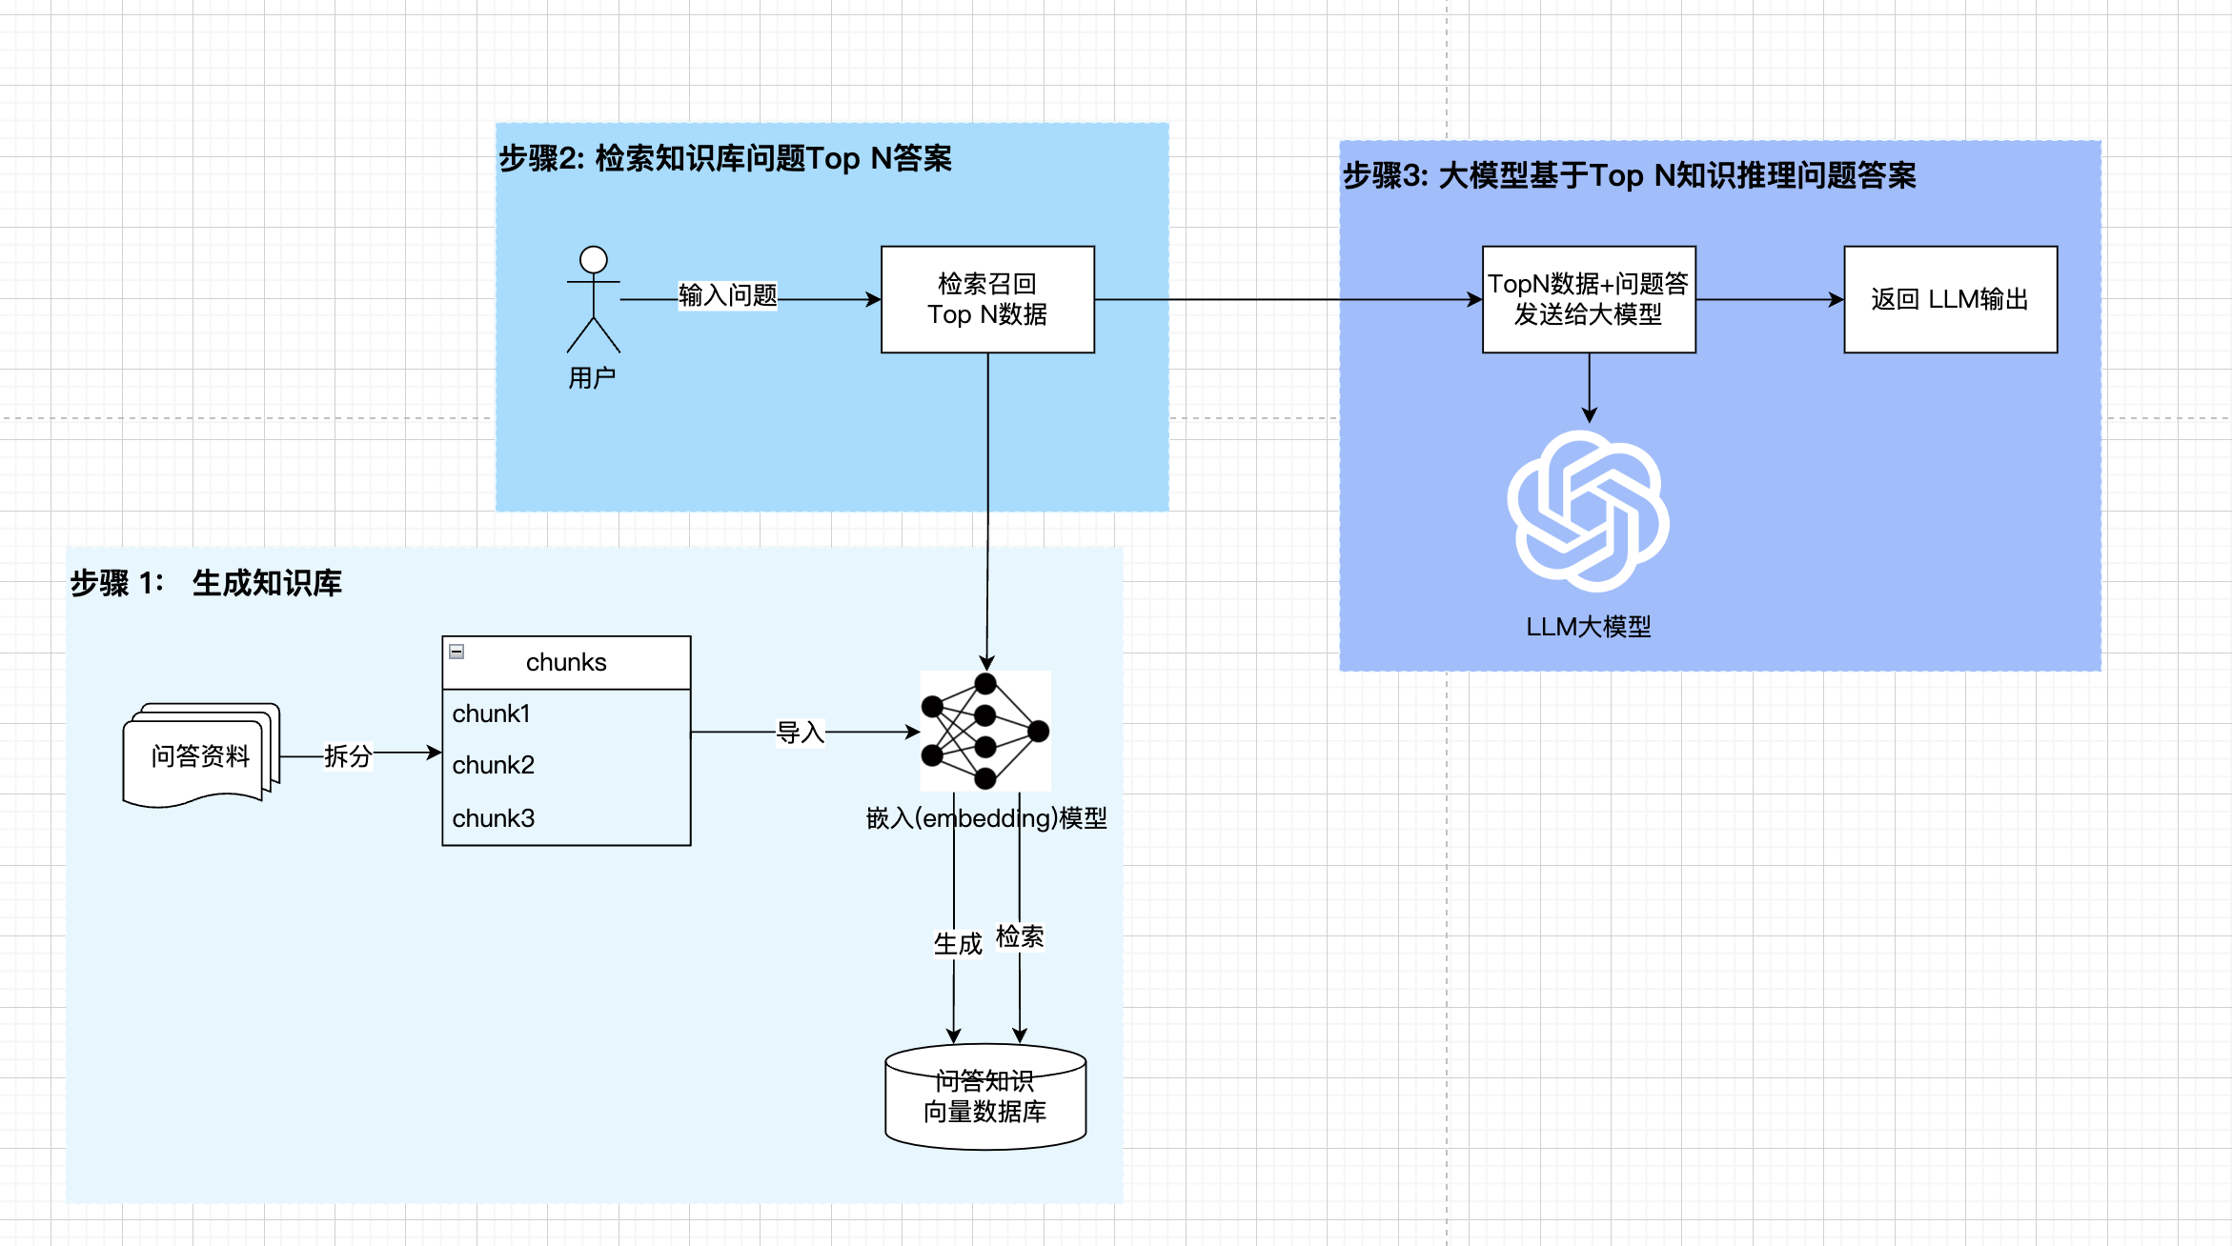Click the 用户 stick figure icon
click(593, 300)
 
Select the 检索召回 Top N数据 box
click(987, 299)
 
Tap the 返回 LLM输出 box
click(1950, 299)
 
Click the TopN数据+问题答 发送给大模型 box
click(1589, 299)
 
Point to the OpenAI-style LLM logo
click(1588, 511)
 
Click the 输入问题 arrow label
click(727, 295)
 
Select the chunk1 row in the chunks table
click(566, 713)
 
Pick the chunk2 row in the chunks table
click(566, 765)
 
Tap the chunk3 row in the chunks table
click(566, 818)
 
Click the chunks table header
click(566, 662)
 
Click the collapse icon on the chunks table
click(457, 652)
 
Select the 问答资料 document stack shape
click(201, 755)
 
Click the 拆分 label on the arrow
click(347, 755)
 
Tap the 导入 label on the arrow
click(800, 733)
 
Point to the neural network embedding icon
click(985, 731)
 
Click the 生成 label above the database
click(957, 944)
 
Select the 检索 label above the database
click(1020, 936)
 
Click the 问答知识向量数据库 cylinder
click(985, 1096)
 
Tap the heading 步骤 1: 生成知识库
click(206, 583)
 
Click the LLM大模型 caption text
click(1588, 627)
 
